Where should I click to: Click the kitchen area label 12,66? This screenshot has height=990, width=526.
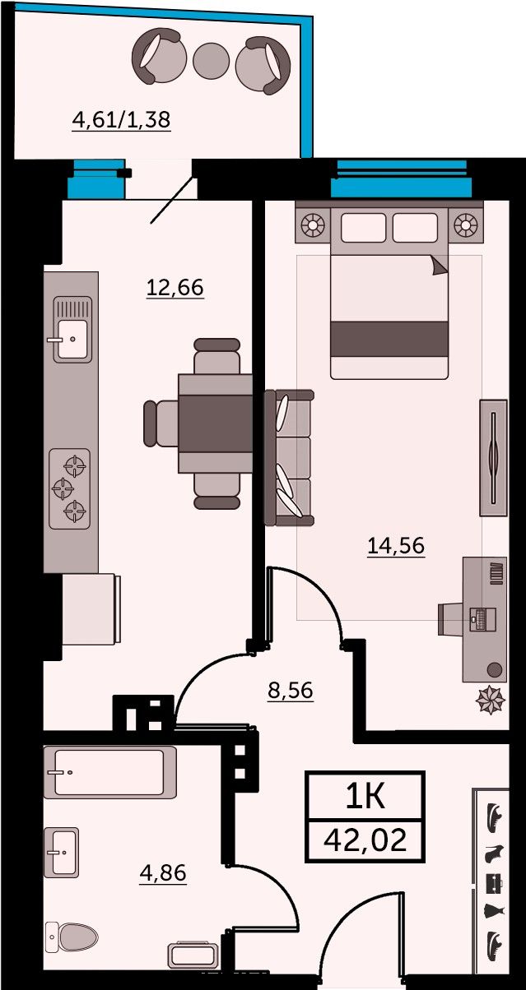pos(175,287)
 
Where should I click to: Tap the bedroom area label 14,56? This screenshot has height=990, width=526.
pos(396,545)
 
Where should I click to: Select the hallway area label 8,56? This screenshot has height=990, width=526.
pos(291,690)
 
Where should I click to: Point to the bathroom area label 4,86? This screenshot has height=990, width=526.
pos(163,873)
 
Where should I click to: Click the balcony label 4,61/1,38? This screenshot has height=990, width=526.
pos(121,120)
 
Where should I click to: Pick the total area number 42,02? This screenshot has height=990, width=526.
pos(365,840)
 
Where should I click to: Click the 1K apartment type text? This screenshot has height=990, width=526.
pos(365,797)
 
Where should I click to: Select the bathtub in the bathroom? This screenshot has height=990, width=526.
pos(109,772)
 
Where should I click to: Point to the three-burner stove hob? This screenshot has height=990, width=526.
pos(69,488)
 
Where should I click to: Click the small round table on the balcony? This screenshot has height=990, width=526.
pos(211,61)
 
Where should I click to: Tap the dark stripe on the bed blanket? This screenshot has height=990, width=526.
pos(389,339)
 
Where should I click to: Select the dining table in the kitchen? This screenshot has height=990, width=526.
pos(216,423)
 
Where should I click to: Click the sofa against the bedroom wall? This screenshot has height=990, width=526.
pos(289,457)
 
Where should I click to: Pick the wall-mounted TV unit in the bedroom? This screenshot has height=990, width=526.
pos(494,457)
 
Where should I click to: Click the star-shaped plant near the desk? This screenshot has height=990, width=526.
pos(490,699)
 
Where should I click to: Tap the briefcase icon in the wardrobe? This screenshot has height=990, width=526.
pos(495,882)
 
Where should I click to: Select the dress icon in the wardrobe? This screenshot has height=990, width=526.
pos(494,911)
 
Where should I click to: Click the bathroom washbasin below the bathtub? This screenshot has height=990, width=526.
pos(62,853)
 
